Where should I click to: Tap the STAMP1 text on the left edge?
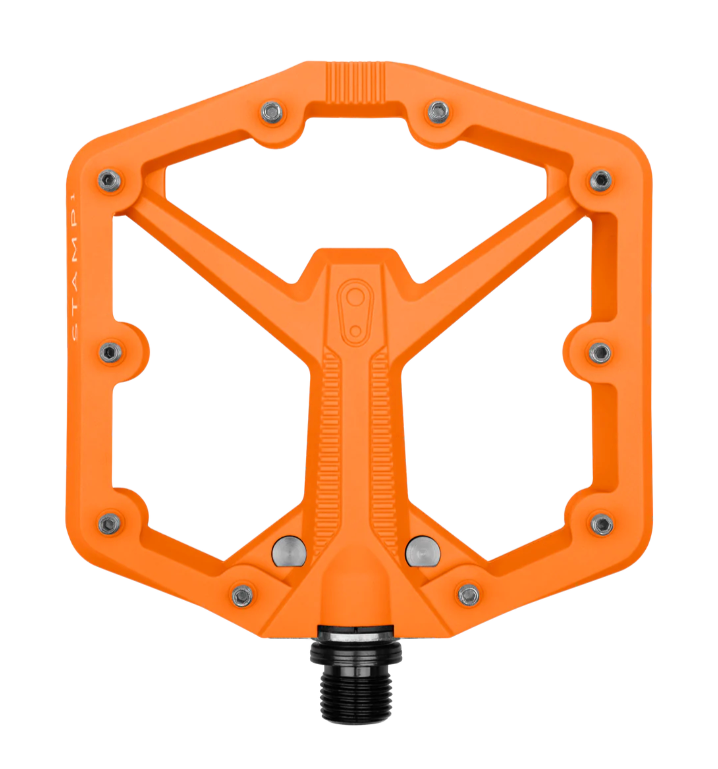pos(74,266)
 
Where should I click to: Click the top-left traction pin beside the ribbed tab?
pos(272,112)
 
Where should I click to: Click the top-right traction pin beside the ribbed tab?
pos(439,112)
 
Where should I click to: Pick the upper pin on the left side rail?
pos(110,180)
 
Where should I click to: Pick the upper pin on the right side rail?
pos(601,179)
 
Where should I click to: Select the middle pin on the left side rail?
pos(110,353)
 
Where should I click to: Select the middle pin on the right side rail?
pos(600,353)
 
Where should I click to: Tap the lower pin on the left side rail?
pos(109,524)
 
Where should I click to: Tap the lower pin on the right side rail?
pos(601,524)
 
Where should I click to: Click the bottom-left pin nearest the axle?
pos(243,596)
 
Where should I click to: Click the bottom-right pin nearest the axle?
pos(469,595)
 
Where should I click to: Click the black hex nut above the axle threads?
pos(356,652)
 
